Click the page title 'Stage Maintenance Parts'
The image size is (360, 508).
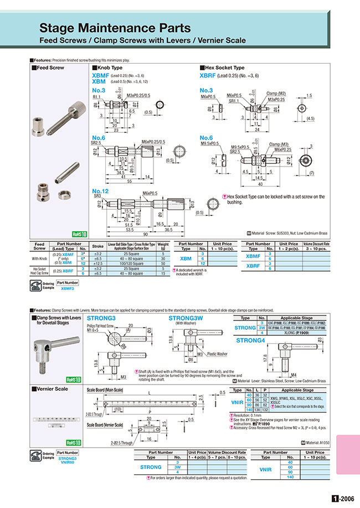(115, 28)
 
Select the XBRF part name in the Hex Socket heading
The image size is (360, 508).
(208, 76)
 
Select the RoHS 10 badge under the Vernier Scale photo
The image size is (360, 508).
(73, 442)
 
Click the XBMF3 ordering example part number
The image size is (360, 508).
(68, 288)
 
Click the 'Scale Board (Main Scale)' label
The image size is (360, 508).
(107, 390)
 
